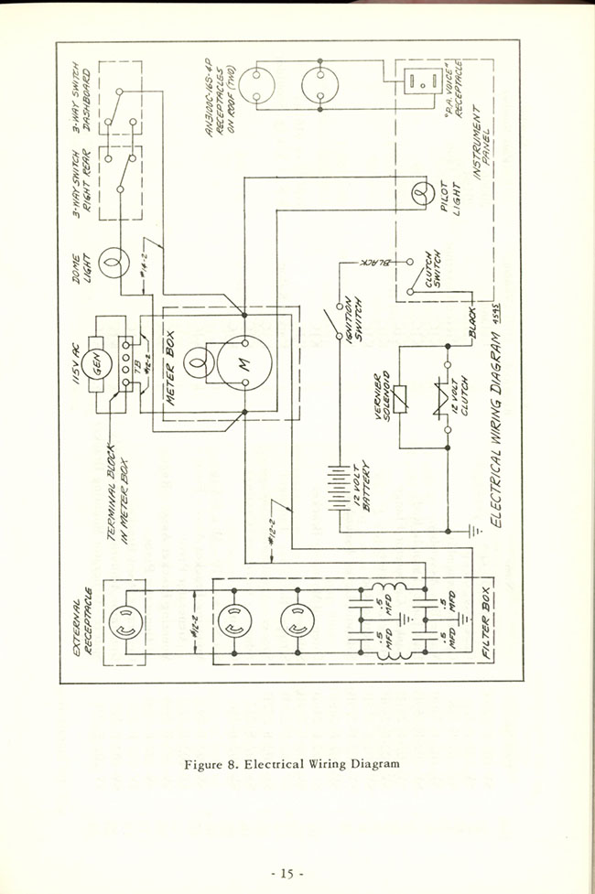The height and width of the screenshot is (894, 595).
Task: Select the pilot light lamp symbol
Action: (422, 193)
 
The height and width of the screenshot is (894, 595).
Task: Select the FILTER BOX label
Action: (485, 622)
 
